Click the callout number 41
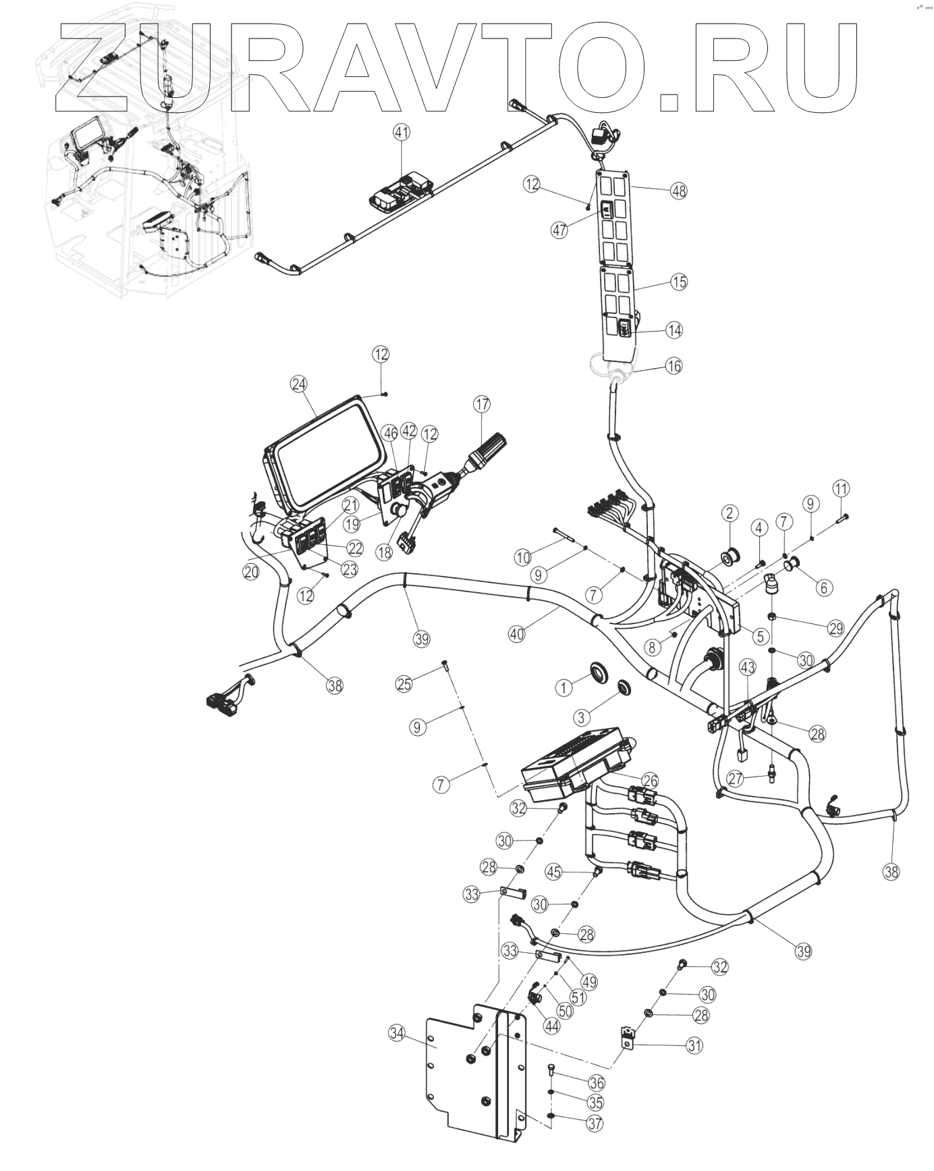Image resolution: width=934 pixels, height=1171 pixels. [402, 133]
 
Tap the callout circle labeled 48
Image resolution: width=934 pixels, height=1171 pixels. [678, 191]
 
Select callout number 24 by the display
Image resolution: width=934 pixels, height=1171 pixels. [298, 384]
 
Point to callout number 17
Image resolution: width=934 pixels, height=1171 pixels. [481, 405]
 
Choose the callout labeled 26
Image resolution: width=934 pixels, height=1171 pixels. [649, 781]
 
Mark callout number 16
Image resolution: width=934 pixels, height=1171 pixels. [674, 366]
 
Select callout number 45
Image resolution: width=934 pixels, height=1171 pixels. [554, 872]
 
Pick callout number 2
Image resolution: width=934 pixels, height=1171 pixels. [729, 513]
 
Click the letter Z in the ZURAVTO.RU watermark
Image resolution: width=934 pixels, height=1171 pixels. [94, 68]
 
